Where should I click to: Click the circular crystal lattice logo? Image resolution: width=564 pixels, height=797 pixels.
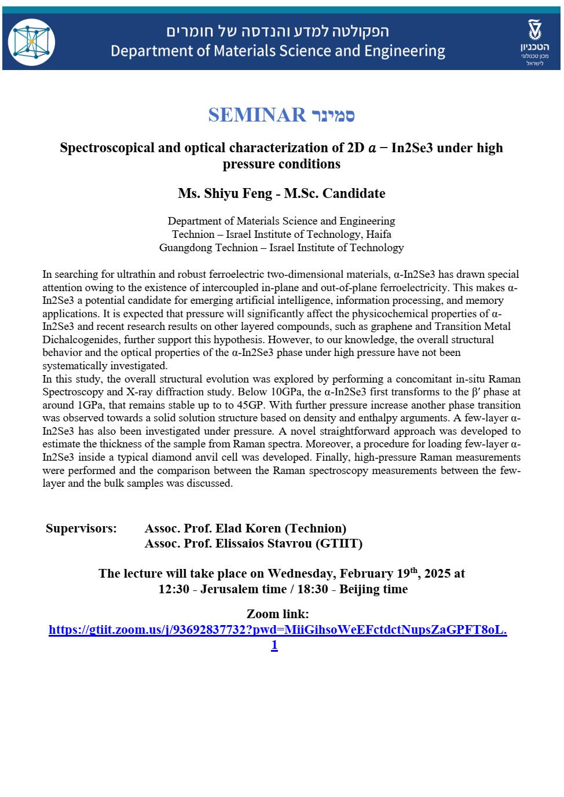pyautogui.click(x=31, y=42)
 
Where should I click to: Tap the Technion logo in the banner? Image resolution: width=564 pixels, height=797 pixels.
pyautogui.click(x=534, y=42)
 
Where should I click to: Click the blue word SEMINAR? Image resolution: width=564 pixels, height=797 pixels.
pyautogui.click(x=257, y=115)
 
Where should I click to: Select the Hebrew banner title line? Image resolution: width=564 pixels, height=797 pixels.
pyautogui.click(x=277, y=31)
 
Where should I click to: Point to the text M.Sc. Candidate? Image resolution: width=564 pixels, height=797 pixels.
pyautogui.click(x=334, y=193)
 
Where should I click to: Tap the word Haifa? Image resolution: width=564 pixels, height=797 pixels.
pyautogui.click(x=379, y=234)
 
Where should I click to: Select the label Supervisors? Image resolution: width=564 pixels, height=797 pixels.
pyautogui.click(x=81, y=528)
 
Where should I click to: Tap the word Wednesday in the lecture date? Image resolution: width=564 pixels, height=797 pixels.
pyautogui.click(x=301, y=574)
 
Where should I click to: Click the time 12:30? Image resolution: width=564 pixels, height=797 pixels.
pyautogui.click(x=174, y=589)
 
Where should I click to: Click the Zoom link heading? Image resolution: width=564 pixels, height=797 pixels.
pyautogui.click(x=277, y=614)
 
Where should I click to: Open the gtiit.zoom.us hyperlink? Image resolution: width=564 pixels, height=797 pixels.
pyautogui.click(x=277, y=630)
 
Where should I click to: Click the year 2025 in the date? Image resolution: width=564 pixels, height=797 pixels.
pyautogui.click(x=437, y=574)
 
